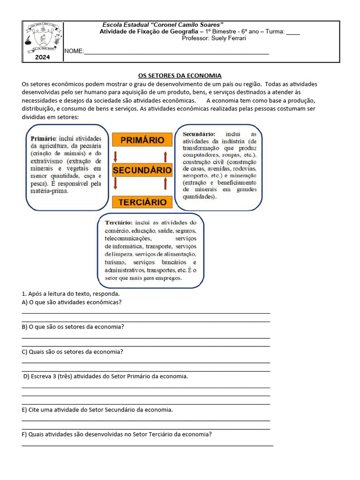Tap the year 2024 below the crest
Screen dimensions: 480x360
point(43,58)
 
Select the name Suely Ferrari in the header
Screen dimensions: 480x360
point(228,38)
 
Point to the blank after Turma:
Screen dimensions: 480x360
point(292,32)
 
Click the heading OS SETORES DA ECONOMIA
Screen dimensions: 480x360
point(180,75)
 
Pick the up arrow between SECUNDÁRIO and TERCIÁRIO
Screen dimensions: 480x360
point(165,186)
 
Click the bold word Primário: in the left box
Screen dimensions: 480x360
point(44,139)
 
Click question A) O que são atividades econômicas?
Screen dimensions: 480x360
point(72,302)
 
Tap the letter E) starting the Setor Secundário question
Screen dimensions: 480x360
point(24,410)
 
